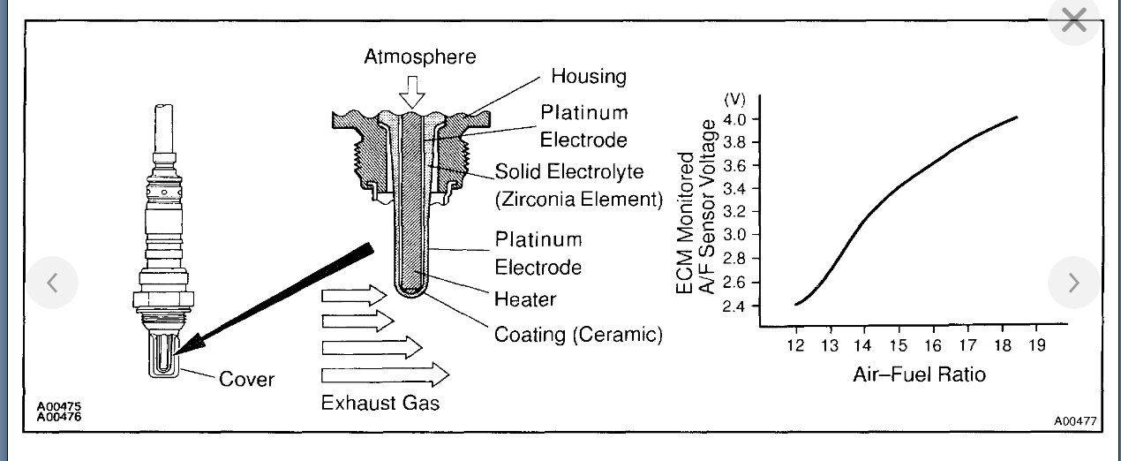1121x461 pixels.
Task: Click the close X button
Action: point(1073,20)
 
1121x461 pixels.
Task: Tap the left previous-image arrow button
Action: point(52,283)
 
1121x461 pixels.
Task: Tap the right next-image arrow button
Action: point(1073,283)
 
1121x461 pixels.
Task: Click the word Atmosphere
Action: point(419,57)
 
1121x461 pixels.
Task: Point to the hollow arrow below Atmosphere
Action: point(411,91)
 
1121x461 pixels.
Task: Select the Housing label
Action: point(589,77)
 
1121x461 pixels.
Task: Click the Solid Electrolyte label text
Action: point(569,170)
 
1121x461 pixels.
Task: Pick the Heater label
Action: point(525,299)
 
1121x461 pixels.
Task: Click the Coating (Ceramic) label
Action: point(578,335)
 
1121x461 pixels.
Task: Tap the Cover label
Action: point(246,380)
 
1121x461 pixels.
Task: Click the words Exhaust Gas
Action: point(380,403)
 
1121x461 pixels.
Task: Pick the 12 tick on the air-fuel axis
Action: point(796,345)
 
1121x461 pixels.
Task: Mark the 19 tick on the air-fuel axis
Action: point(1036,345)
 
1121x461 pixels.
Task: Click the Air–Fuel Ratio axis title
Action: point(919,374)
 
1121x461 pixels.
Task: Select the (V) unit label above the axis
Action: point(734,98)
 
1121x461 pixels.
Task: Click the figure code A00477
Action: point(1075,421)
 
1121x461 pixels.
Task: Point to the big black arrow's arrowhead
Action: point(187,348)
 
